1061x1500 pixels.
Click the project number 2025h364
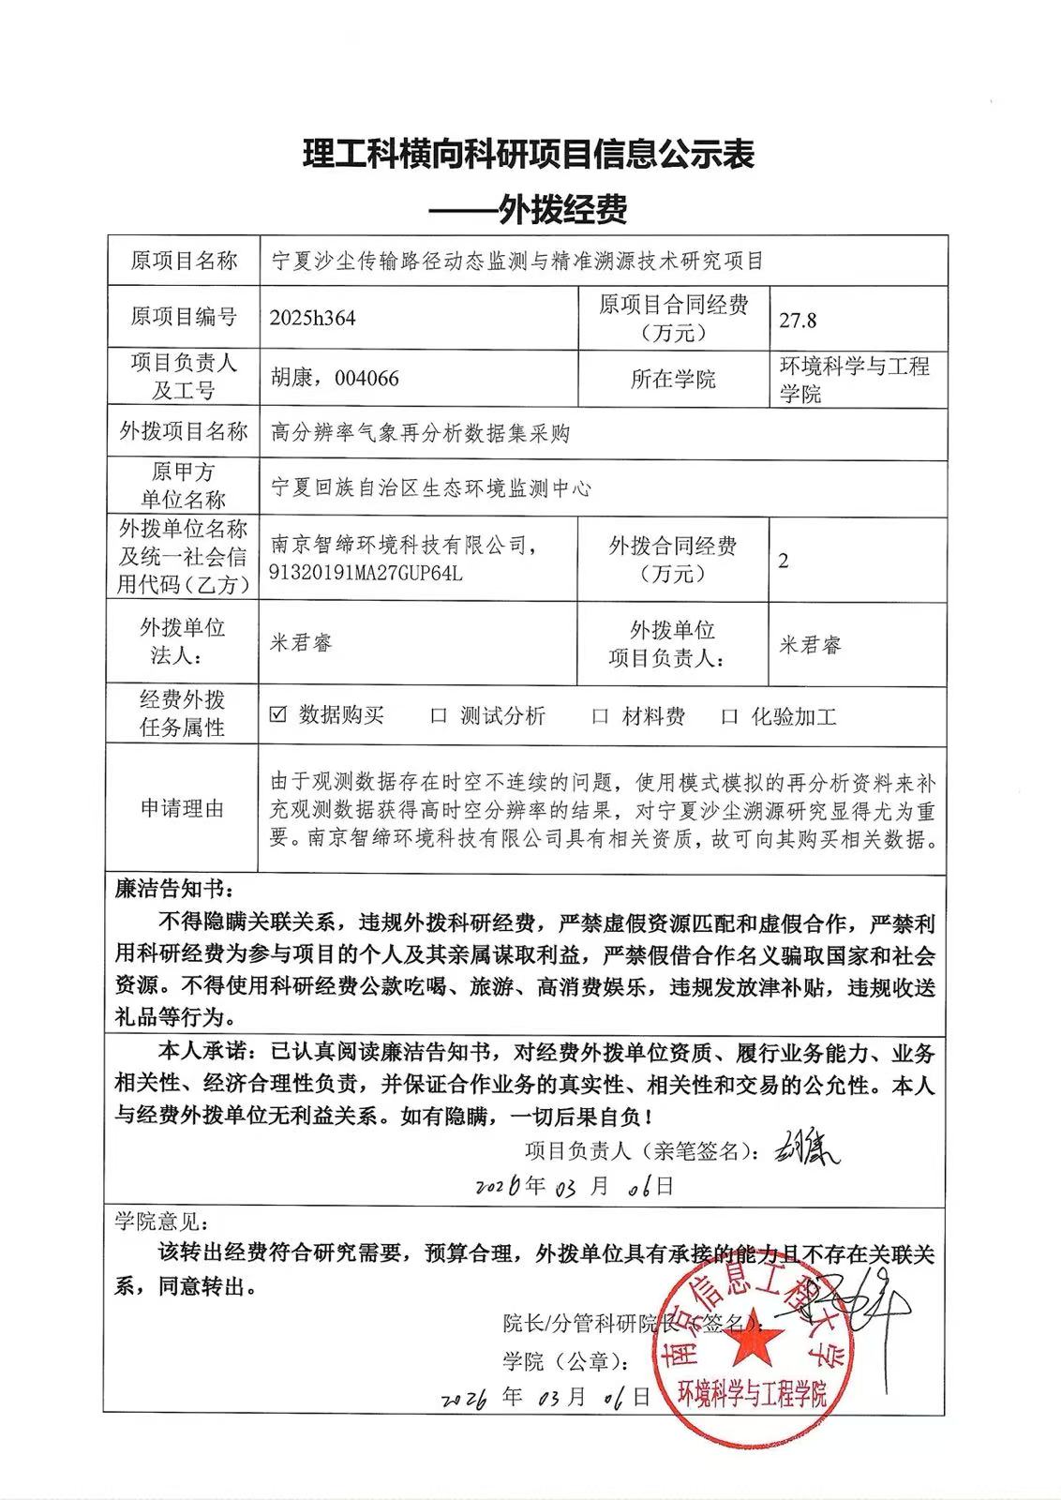(x=312, y=318)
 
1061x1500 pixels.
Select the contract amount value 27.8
(x=798, y=320)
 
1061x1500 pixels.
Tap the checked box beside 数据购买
(x=277, y=714)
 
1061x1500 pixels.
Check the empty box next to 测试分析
(x=438, y=716)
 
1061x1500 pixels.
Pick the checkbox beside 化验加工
(x=730, y=717)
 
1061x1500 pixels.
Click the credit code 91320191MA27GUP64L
(x=366, y=572)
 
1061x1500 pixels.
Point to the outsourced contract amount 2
(x=784, y=561)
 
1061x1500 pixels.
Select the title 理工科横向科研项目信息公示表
(x=530, y=155)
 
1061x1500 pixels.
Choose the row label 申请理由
(x=183, y=808)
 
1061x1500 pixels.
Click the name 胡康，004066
(x=335, y=378)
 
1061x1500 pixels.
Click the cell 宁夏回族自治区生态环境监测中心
(x=430, y=487)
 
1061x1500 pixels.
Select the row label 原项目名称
(x=184, y=260)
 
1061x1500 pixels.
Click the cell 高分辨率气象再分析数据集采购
(x=420, y=432)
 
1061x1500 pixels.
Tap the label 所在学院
(x=673, y=379)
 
